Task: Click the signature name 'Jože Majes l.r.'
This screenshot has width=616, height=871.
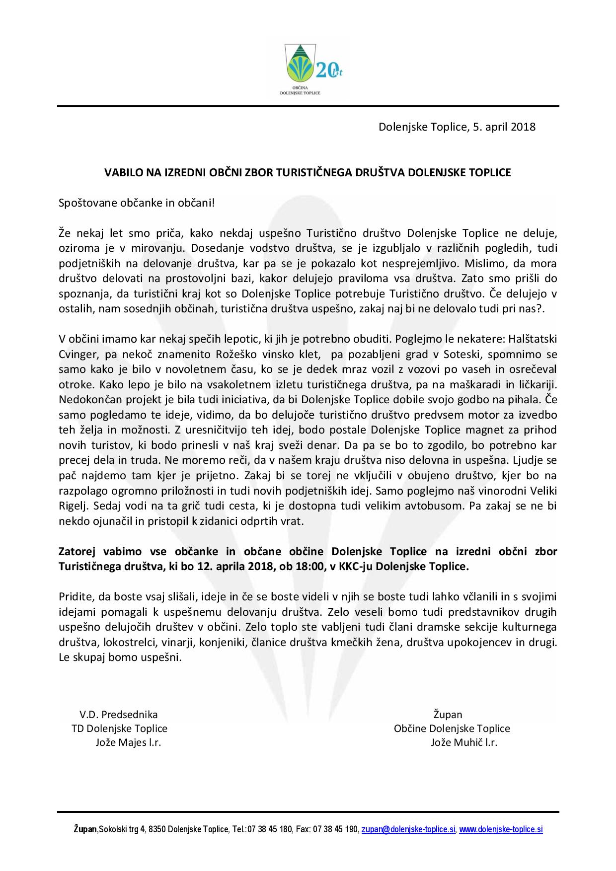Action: [x=128, y=743]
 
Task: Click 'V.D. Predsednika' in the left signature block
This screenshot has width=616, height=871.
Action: [x=119, y=715]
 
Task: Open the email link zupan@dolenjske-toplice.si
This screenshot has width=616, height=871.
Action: [x=408, y=830]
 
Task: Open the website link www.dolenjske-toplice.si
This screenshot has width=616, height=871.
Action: [x=501, y=830]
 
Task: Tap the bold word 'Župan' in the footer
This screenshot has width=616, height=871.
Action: [x=85, y=830]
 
